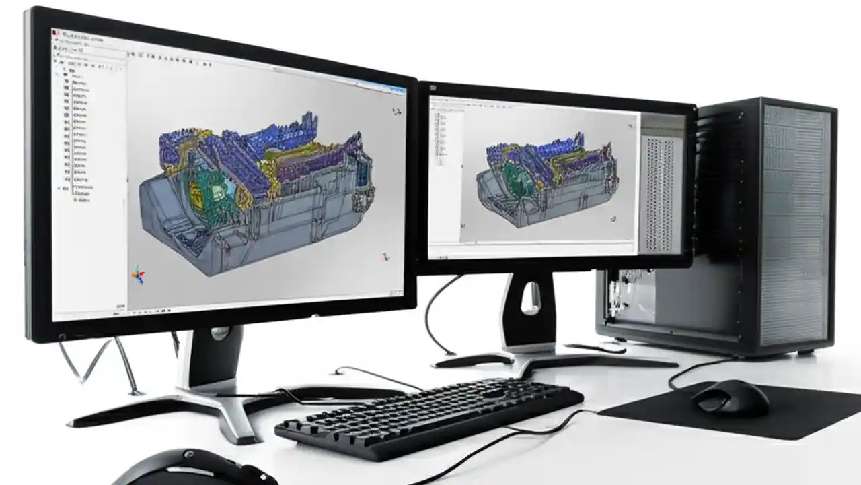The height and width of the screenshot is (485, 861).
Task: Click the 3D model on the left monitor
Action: [256, 195]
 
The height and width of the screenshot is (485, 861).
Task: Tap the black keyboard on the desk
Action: [430, 418]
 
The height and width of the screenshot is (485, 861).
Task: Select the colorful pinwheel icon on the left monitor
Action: [138, 273]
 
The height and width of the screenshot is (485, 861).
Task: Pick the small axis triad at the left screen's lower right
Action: [386, 257]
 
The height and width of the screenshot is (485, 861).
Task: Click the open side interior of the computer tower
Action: [632, 296]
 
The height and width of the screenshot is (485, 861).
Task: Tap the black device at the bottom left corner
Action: [195, 468]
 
